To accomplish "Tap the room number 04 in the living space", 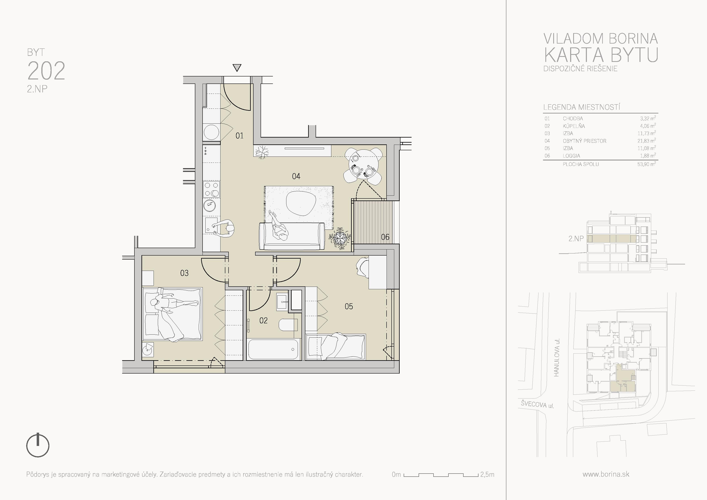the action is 296,176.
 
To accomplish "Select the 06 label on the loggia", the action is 385,237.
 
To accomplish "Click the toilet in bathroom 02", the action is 288,325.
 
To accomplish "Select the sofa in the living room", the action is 292,236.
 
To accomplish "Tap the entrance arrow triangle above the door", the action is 237,68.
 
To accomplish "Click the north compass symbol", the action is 37,445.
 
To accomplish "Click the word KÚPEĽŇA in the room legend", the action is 574,126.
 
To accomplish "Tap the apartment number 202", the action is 46,71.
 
